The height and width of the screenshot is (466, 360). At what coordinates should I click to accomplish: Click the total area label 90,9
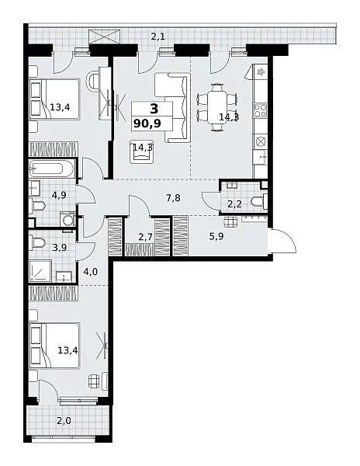[x=147, y=123]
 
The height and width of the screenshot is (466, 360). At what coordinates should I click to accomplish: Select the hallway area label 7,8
[x=173, y=197]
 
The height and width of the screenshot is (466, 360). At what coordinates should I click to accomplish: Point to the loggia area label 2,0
[x=64, y=421]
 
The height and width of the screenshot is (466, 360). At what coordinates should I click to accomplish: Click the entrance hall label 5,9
[x=216, y=237]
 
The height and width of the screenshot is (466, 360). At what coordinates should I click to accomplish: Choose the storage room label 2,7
[x=145, y=237]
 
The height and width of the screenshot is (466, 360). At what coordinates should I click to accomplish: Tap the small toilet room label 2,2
[x=235, y=204]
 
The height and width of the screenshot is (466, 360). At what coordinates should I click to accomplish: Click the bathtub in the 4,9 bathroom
[x=51, y=169]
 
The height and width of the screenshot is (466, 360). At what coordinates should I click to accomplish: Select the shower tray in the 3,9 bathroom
[x=40, y=271]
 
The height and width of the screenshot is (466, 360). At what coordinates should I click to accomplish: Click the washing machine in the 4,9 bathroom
[x=68, y=221]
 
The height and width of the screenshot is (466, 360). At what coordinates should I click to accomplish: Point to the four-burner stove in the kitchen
[x=260, y=110]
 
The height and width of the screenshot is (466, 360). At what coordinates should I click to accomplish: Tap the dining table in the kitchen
[x=217, y=108]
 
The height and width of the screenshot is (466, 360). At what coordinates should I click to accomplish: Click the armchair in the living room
[x=142, y=152]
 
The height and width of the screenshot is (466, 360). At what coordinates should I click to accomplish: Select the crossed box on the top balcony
[x=105, y=37]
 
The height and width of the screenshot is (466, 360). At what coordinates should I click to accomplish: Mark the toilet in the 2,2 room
[x=258, y=201]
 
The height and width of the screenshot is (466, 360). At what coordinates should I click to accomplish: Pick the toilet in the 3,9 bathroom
[x=38, y=243]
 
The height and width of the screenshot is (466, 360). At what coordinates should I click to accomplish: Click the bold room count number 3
[x=154, y=109]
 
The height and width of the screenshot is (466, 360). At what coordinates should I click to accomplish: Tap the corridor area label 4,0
[x=91, y=272]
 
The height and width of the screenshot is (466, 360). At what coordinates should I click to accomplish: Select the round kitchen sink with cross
[x=260, y=141]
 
